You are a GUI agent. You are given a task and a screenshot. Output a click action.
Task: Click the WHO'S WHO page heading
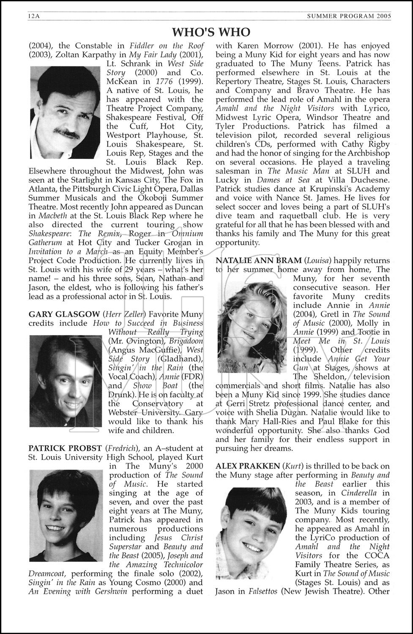pyautogui.click(x=211, y=32)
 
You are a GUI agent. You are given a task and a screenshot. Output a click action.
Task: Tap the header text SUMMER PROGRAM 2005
pyautogui.click(x=349, y=16)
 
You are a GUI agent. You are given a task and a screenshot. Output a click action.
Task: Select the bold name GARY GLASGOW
pyautogui.click(x=64, y=314)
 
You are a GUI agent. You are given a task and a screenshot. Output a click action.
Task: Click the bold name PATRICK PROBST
pyautogui.click(x=65, y=448)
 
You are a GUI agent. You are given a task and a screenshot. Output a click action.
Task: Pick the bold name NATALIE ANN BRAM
pyautogui.click(x=258, y=260)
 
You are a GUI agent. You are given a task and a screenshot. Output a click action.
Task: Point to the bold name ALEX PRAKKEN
pyautogui.click(x=247, y=466)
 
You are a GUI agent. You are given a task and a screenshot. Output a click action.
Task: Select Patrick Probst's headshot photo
pyautogui.click(x=66, y=515)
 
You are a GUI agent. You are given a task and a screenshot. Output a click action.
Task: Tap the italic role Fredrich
pyautogui.click(x=121, y=448)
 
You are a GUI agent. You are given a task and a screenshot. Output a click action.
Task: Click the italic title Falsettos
pyautogui.click(x=260, y=591)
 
